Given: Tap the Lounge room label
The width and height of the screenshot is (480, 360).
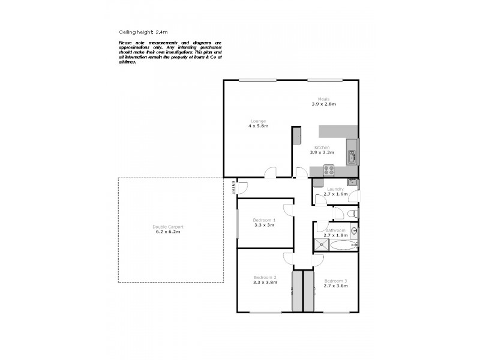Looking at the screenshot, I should pos(258,121).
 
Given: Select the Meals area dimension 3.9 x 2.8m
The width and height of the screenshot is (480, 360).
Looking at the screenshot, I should pos(323,104).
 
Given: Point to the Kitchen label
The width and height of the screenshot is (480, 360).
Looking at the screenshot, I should pos(322,148).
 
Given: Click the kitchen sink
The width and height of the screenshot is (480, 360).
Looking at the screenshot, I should pos(352,157).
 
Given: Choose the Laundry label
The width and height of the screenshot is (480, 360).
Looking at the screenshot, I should pos(335,189).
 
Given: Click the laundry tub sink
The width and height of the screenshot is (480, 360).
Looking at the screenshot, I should pos(353,182).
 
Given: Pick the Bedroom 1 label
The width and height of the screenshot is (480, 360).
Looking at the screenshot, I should pos(264,220).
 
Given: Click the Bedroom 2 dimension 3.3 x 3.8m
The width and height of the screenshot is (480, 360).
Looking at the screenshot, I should pos(265,282).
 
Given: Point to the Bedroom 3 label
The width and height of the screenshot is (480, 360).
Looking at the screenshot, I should pos(335,281).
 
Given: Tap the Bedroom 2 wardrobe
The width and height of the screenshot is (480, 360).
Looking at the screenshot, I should pos(297,290).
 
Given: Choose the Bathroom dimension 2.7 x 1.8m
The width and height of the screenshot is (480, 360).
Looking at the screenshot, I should pos(335,236).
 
